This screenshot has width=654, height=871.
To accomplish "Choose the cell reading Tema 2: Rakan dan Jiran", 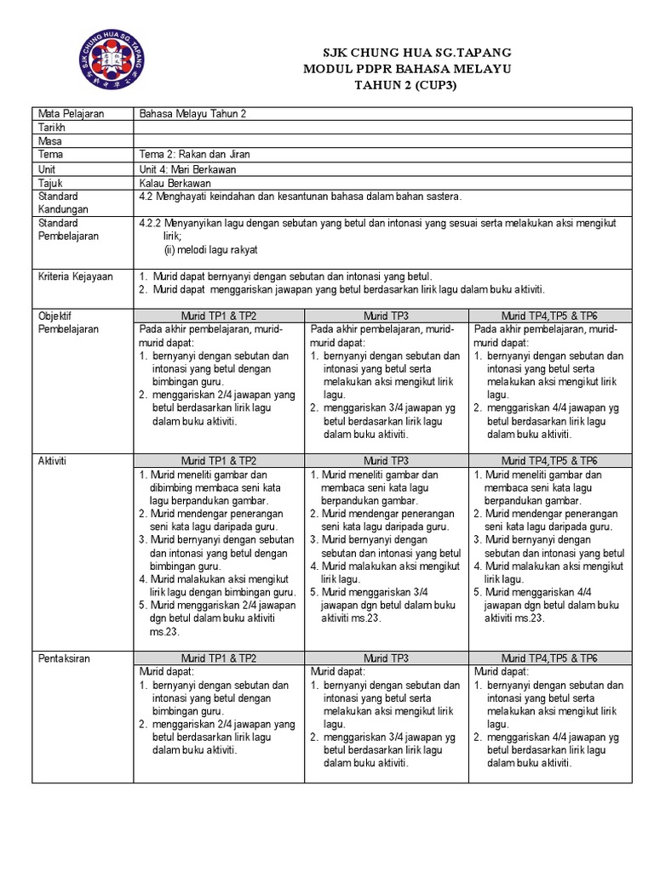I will pos(195,155).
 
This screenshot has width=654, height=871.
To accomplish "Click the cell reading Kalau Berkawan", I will pos(175,182).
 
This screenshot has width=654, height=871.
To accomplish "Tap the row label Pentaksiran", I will pos(64,658).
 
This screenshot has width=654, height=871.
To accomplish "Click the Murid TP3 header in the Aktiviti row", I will pos(387,459).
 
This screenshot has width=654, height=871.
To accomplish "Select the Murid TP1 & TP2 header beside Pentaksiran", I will pos(219,658).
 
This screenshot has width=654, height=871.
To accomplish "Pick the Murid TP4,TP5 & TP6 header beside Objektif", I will pos(549,316).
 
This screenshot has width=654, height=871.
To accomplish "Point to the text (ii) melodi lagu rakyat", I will pos(210,250).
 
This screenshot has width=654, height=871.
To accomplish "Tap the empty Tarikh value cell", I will pos(382,128).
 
